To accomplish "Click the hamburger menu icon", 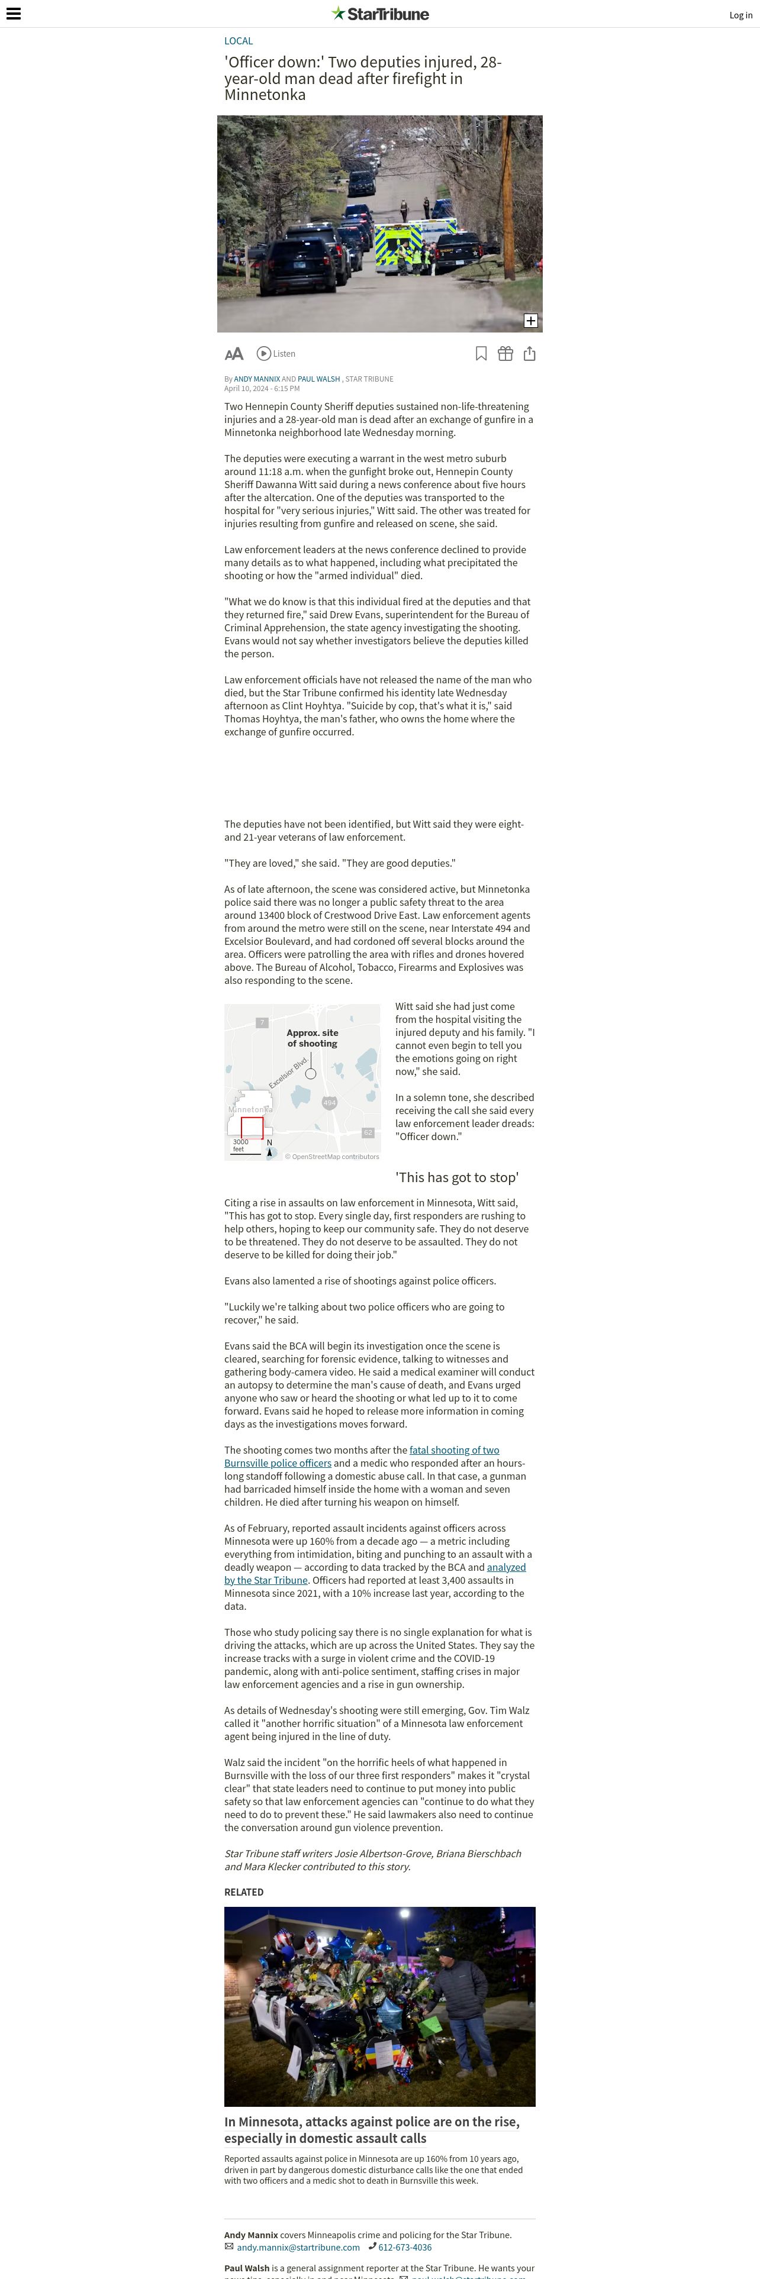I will click(x=13, y=14).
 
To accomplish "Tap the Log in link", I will click(x=740, y=15).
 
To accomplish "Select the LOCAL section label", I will click(x=238, y=41).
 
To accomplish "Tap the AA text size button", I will click(x=234, y=354).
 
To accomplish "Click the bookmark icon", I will click(x=481, y=354).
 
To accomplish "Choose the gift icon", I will click(x=505, y=354).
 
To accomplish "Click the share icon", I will click(x=529, y=354).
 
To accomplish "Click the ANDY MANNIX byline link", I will click(x=256, y=379).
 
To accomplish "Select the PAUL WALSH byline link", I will click(x=318, y=379).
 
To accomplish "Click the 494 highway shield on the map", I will click(x=329, y=1102).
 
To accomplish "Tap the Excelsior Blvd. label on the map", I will click(x=288, y=1071).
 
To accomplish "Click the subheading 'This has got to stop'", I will click(x=456, y=1177).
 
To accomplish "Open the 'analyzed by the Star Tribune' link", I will click(x=506, y=1567).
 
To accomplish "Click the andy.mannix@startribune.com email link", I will click(x=298, y=2247).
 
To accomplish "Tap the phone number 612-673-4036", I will click(x=405, y=2247).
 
